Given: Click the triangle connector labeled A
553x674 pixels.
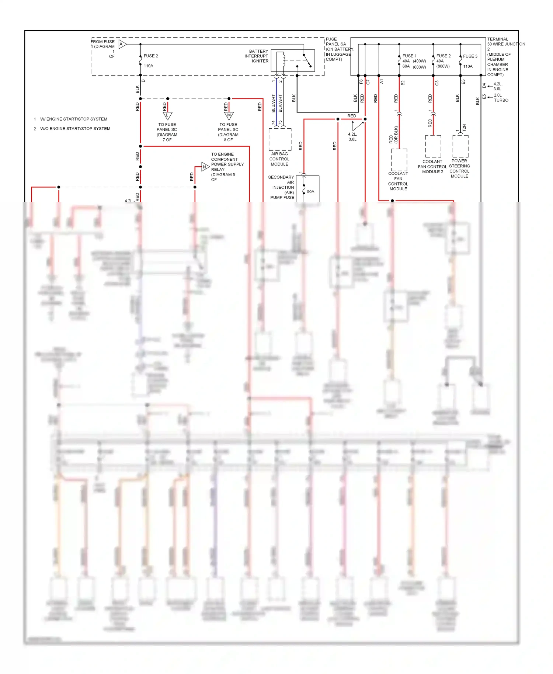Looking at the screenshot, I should tap(122, 44).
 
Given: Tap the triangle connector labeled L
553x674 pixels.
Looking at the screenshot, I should tap(167, 115).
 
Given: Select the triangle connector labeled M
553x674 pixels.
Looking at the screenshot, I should tap(229, 115).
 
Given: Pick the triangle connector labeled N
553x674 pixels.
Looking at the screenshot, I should tap(205, 167).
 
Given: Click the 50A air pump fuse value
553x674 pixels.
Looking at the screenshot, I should tap(310, 192).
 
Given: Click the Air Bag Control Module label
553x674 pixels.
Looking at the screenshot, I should tap(279, 159).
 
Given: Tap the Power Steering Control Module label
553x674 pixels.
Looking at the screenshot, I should tap(459, 168).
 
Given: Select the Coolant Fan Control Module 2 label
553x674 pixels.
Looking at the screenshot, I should tap(432, 167).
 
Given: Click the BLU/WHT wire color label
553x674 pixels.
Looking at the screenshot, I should tap(273, 103).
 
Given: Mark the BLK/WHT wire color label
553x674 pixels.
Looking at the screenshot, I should tap(280, 103).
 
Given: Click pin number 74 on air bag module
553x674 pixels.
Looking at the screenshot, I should tap(274, 122).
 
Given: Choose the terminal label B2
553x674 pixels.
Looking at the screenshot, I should tap(403, 83).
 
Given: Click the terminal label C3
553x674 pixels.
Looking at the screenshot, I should tap(437, 83).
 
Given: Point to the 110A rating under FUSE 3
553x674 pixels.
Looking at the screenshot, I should tap(468, 66).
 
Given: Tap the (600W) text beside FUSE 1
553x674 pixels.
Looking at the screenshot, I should tap(419, 67).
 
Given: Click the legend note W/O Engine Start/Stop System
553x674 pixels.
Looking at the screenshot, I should tap(75, 129).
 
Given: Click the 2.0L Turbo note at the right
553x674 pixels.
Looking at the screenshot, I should tap(501, 98).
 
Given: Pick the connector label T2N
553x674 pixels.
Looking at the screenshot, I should tap(464, 128).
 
